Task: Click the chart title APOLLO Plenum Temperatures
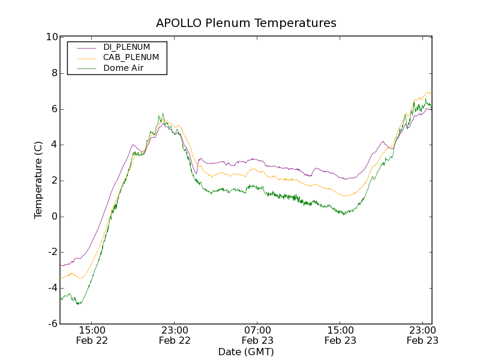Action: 246,23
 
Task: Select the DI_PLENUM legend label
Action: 127,47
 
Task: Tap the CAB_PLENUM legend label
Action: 131,58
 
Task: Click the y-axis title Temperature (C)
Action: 38,180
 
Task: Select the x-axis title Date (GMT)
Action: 246,352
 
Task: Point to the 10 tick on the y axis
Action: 52,37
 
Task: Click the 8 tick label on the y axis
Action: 54,73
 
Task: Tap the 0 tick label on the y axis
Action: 54,217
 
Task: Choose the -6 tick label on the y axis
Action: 52,324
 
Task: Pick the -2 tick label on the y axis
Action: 52,253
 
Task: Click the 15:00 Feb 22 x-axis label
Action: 92,335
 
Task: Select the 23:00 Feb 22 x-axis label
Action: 175,335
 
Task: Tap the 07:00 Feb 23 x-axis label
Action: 257,335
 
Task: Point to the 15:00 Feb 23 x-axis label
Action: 340,335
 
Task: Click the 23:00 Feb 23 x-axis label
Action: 422,335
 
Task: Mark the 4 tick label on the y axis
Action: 54,145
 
